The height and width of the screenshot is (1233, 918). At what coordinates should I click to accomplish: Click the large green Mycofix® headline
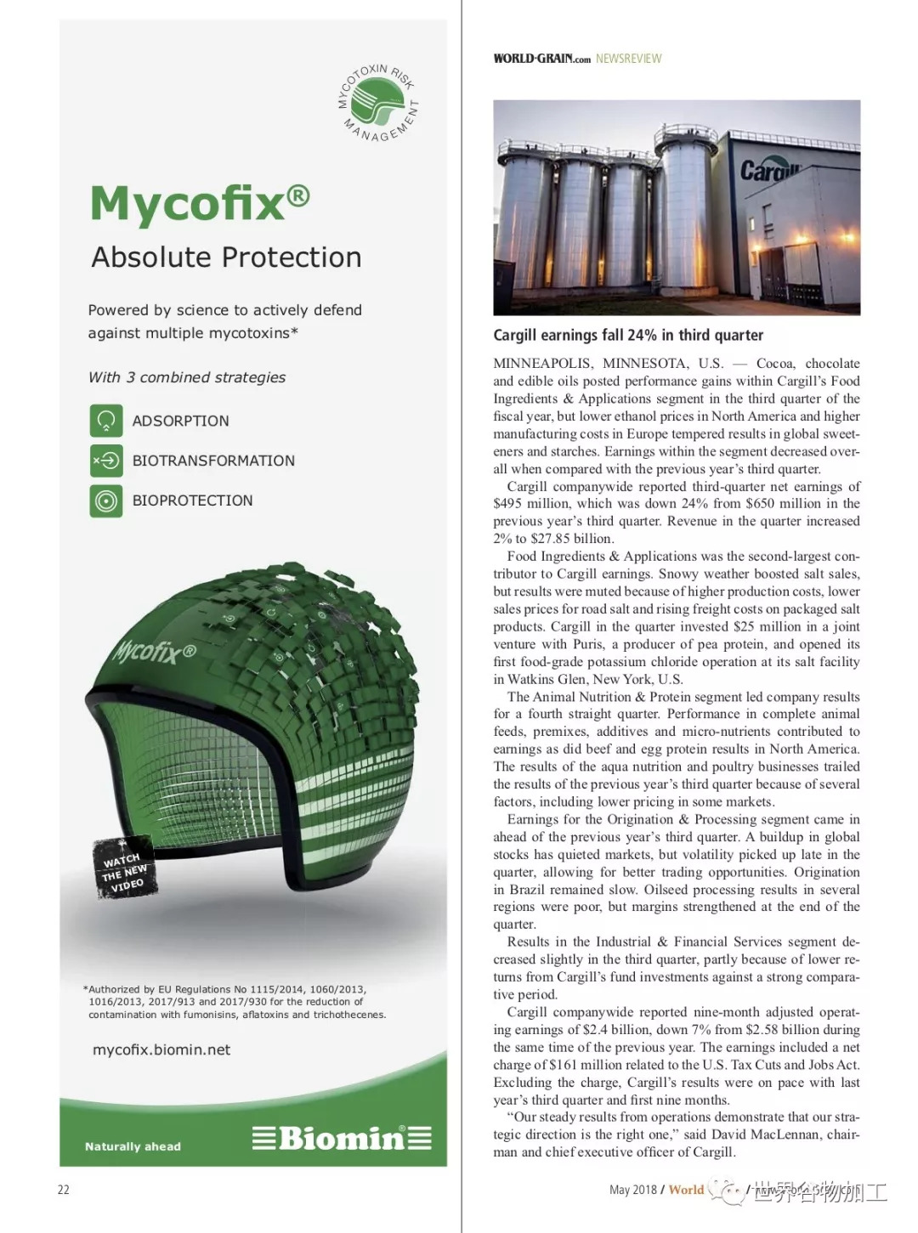tap(200, 204)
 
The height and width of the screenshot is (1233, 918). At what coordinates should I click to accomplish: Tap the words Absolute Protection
tap(226, 257)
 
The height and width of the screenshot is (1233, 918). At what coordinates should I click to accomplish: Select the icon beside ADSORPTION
tap(106, 421)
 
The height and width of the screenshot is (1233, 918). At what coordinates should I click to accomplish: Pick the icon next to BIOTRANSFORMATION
tap(106, 461)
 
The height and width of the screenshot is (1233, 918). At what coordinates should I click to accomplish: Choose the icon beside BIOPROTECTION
tap(106, 501)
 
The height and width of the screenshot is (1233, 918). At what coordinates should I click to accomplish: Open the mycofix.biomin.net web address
tap(161, 1050)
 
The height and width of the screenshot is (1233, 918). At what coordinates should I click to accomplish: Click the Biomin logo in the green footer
tap(342, 1138)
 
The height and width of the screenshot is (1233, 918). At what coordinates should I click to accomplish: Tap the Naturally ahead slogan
tap(133, 1146)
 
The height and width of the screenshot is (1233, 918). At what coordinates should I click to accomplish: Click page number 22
tap(64, 1190)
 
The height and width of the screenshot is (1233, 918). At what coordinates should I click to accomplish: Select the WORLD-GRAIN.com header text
tap(541, 59)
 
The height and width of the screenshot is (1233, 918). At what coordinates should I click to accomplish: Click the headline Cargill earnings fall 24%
tap(628, 335)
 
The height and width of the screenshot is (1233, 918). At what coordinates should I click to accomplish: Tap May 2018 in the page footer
tap(632, 1190)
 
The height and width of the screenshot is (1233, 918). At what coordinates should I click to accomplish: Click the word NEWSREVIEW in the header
tap(628, 59)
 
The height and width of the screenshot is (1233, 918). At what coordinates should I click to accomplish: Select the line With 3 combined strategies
tap(187, 377)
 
